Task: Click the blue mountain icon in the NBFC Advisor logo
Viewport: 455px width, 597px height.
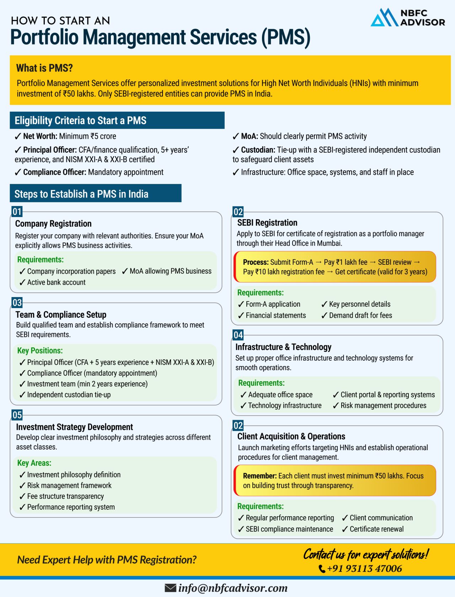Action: pyautogui.click(x=384, y=18)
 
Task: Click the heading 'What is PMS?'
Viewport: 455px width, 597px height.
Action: pyautogui.click(x=44, y=68)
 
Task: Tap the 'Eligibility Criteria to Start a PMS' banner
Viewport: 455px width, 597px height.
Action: pyautogui.click(x=117, y=120)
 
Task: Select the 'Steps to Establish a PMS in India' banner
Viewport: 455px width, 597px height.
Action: pyautogui.click(x=95, y=194)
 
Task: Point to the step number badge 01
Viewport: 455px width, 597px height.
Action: pyautogui.click(x=17, y=212)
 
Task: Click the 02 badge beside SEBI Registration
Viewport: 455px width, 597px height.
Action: pyautogui.click(x=238, y=212)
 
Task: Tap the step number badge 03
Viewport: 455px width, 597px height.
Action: pyautogui.click(x=17, y=303)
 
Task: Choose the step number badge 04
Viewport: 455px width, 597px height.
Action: pyautogui.click(x=238, y=335)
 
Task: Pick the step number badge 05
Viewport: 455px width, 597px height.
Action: pyautogui.click(x=17, y=415)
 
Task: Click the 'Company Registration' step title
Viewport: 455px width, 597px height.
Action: pyautogui.click(x=53, y=223)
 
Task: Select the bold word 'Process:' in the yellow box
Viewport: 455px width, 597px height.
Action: pyautogui.click(x=256, y=262)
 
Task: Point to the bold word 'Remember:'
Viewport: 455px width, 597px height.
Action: pyautogui.click(x=259, y=476)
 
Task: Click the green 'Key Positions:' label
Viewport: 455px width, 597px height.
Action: pyautogui.click(x=40, y=350)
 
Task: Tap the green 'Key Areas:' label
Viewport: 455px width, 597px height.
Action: pyautogui.click(x=34, y=463)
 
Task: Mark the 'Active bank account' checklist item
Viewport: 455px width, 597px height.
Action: pyautogui.click(x=56, y=282)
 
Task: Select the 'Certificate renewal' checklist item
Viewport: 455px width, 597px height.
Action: pyautogui.click(x=376, y=529)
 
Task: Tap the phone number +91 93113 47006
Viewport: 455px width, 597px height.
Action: pyautogui.click(x=364, y=569)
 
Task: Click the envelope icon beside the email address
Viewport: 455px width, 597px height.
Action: pyautogui.click(x=171, y=588)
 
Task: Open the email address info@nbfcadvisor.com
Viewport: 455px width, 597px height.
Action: pyautogui.click(x=233, y=588)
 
